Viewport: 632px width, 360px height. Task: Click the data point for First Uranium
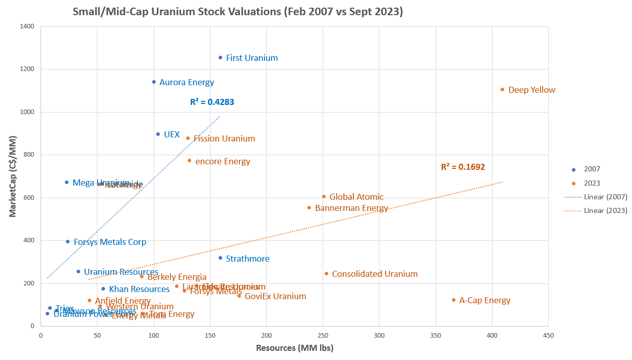point(220,58)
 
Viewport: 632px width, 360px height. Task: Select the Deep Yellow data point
point(502,90)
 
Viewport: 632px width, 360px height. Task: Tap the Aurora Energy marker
point(154,82)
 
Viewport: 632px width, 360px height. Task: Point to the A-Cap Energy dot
point(453,300)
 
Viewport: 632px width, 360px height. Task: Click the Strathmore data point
point(220,258)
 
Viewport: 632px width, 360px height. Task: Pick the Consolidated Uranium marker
point(326,274)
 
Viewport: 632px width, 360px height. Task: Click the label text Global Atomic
point(356,197)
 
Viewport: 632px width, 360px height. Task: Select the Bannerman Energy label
point(351,208)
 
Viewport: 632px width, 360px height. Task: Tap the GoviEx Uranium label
point(275,296)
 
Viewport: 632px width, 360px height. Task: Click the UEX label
point(171,134)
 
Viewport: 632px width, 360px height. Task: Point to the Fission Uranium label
point(224,138)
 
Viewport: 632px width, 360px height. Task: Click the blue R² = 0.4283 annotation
point(212,102)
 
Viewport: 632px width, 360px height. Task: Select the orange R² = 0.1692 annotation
point(463,166)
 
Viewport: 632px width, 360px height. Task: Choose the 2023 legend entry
point(591,183)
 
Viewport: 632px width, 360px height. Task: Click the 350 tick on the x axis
point(435,336)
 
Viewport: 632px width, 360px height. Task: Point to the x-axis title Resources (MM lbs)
point(294,348)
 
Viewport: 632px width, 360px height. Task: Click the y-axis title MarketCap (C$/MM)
point(13,176)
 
